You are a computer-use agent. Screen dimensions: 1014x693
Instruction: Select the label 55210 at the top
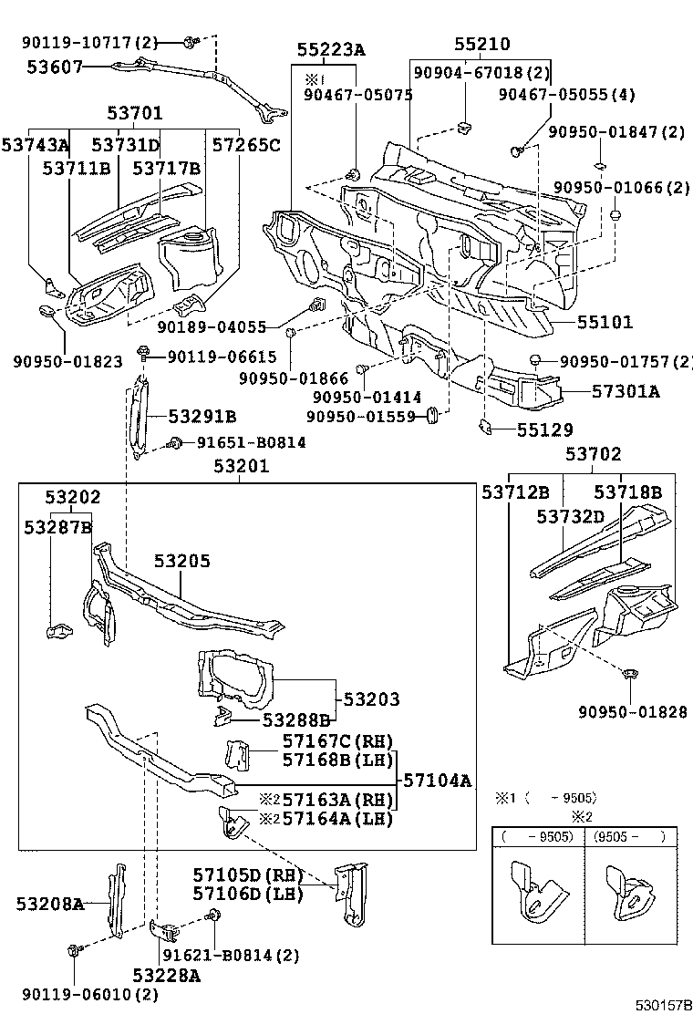tap(482, 45)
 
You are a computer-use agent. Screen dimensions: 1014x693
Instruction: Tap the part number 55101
tap(605, 323)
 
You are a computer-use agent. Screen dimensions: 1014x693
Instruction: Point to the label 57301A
tap(626, 391)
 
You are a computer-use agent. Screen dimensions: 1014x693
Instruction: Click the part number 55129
tap(545, 428)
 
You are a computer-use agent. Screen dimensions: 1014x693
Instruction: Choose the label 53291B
tap(202, 417)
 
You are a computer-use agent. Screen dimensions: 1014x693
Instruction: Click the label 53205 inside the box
tap(181, 562)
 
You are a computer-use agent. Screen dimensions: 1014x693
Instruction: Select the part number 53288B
tap(295, 719)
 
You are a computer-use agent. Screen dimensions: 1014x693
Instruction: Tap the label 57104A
tap(438, 781)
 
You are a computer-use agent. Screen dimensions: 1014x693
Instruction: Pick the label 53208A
tap(50, 904)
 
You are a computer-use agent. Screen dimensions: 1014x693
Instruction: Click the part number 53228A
tap(167, 975)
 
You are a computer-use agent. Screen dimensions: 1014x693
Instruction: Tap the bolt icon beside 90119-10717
tap(191, 41)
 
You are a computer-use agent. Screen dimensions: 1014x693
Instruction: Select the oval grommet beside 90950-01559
tap(434, 417)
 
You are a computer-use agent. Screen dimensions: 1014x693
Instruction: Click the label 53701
tap(134, 114)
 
